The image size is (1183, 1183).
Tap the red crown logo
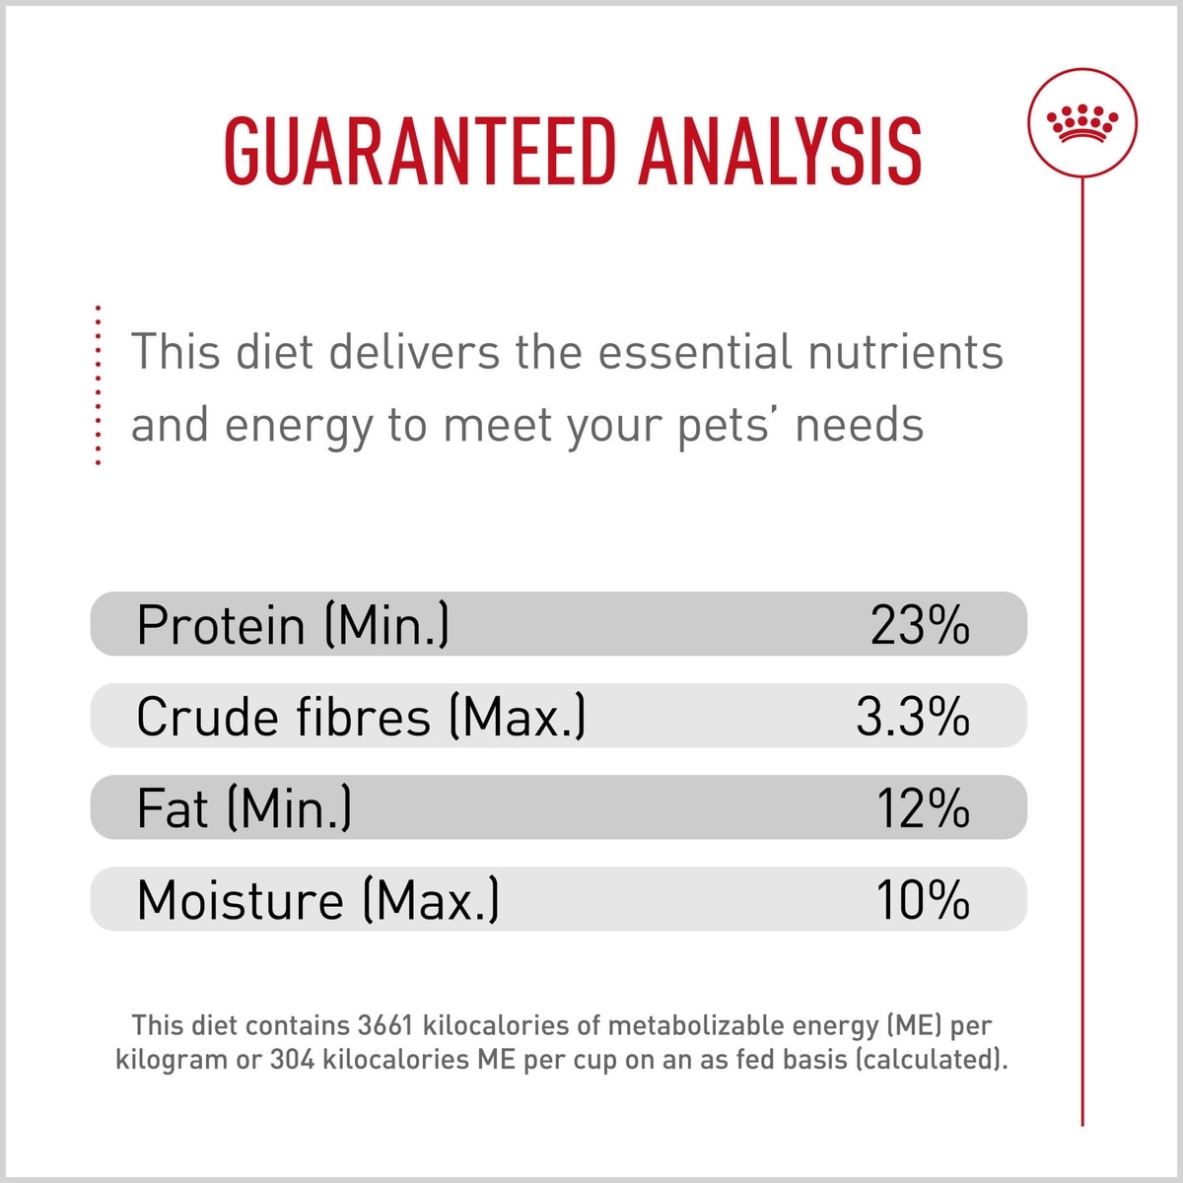pyautogui.click(x=1081, y=124)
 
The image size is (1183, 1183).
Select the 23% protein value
pyautogui.click(x=919, y=625)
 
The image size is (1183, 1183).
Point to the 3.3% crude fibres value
pyautogui.click(x=912, y=717)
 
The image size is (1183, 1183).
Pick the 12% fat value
pyautogui.click(x=923, y=808)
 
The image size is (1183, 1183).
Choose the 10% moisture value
pyautogui.click(x=923, y=900)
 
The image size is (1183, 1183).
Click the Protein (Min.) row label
pyautogui.click(x=293, y=625)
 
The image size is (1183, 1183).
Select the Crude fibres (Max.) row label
pyautogui.click(x=361, y=717)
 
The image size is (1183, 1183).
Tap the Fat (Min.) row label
pyautogui.click(x=244, y=808)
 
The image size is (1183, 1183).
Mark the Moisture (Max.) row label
pyautogui.click(x=317, y=900)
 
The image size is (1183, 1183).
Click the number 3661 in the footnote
pyautogui.click(x=384, y=1025)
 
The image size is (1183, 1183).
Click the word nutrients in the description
pyautogui.click(x=905, y=352)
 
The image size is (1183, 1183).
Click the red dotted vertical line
pyautogui.click(x=98, y=384)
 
